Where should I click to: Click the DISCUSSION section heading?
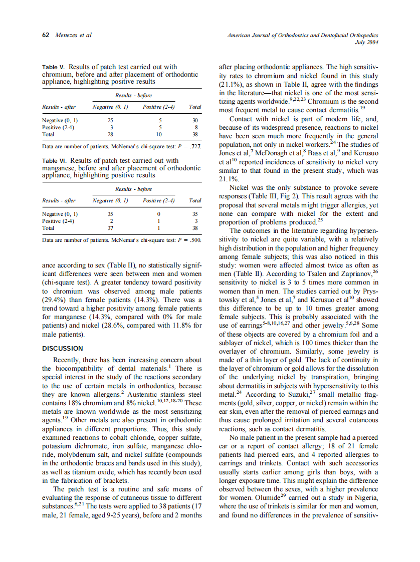pos(63,348)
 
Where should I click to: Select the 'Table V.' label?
pos(53,67)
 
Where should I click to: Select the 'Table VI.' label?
pos(54,161)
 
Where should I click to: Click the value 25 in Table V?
pos(110,121)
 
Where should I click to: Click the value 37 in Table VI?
pos(110,228)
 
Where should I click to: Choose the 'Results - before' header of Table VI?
pos(133,189)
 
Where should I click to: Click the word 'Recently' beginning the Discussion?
pos(69,360)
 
